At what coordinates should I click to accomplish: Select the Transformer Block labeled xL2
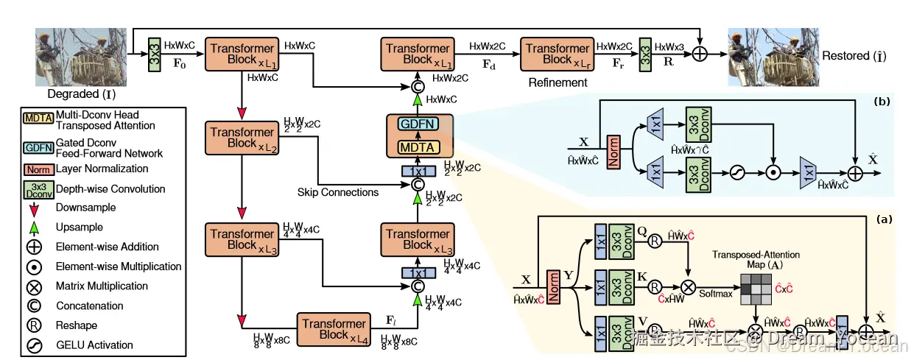coord(242,138)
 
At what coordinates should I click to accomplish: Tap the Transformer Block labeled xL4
coord(333,329)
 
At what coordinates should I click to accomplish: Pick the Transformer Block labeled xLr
coord(557,54)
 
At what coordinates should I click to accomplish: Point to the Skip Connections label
coord(338,192)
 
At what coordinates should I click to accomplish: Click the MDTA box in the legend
coord(38,116)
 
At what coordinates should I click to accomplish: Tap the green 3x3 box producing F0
coord(155,54)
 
